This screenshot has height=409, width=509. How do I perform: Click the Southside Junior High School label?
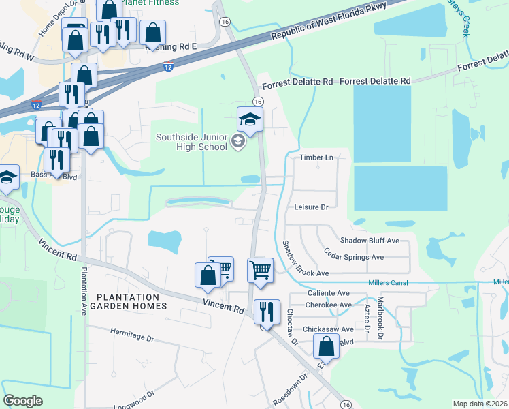(191, 141)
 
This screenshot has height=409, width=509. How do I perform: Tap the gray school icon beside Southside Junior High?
(237, 142)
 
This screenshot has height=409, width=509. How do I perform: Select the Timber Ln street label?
(317, 157)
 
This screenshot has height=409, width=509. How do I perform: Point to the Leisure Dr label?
(312, 207)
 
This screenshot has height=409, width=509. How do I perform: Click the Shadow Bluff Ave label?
(370, 241)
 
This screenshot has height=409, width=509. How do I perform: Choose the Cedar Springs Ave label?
(354, 257)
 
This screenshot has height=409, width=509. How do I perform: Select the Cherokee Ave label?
(329, 305)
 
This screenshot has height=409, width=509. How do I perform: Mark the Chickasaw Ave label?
(329, 329)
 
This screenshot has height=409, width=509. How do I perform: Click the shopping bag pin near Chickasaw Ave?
(327, 346)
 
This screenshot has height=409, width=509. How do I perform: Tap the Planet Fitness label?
(151, 3)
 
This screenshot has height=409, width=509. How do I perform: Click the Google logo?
(22, 401)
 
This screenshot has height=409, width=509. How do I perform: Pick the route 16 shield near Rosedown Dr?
(346, 404)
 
